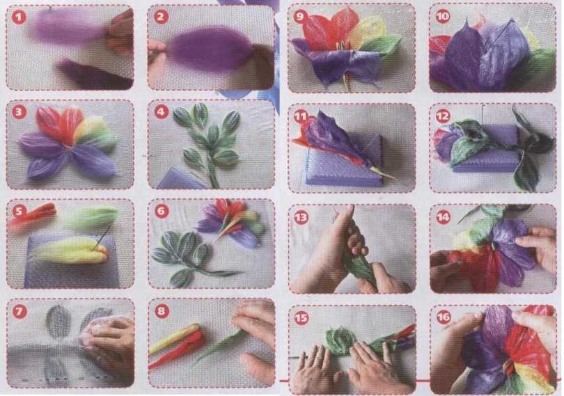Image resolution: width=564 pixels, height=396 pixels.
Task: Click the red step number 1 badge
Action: (19, 17)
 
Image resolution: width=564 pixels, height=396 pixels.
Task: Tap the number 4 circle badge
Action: (161, 112)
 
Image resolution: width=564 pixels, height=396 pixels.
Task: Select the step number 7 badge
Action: (19, 312)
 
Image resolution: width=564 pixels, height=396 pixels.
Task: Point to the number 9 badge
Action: (300, 16)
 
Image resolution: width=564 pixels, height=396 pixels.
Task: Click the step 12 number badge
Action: (443, 116)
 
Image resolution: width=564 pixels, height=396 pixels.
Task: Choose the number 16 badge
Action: (444, 317)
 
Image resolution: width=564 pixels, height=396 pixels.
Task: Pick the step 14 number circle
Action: (443, 217)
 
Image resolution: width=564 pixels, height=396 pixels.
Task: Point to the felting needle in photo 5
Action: (102, 237)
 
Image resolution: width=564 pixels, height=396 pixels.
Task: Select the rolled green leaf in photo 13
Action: (360, 266)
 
